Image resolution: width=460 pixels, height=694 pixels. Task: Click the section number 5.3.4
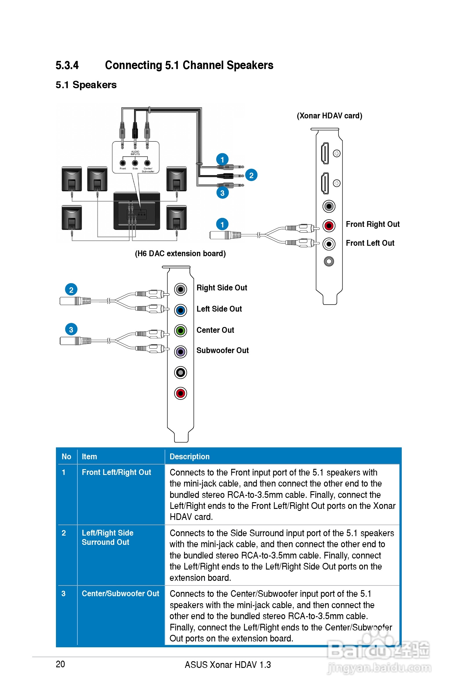67,65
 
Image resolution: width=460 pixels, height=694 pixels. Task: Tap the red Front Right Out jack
329,225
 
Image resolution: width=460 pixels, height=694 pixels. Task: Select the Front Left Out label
370,243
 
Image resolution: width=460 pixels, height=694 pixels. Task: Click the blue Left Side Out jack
180,310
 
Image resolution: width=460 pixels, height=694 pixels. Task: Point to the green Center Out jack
180,331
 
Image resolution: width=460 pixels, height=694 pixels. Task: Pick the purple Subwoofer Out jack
180,352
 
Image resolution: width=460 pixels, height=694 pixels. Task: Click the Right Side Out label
222,288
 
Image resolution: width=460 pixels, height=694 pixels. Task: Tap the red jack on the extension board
180,393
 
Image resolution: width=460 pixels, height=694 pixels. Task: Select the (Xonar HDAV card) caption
330,116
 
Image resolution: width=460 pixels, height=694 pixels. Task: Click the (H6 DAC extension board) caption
180,253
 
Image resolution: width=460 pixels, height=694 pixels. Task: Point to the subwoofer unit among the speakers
137,211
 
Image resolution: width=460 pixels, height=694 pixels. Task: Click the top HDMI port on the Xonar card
325,153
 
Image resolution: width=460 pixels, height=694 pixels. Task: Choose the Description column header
190,456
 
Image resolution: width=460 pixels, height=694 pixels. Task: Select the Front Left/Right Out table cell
116,472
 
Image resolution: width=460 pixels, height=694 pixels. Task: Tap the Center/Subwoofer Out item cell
120,593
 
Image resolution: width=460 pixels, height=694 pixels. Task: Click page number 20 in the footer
60,664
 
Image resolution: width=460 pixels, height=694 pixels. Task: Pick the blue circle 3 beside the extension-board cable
71,329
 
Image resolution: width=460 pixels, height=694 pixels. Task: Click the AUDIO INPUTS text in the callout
135,153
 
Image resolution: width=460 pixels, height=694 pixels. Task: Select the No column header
66,456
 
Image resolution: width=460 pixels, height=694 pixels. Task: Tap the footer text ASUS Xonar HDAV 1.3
228,665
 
